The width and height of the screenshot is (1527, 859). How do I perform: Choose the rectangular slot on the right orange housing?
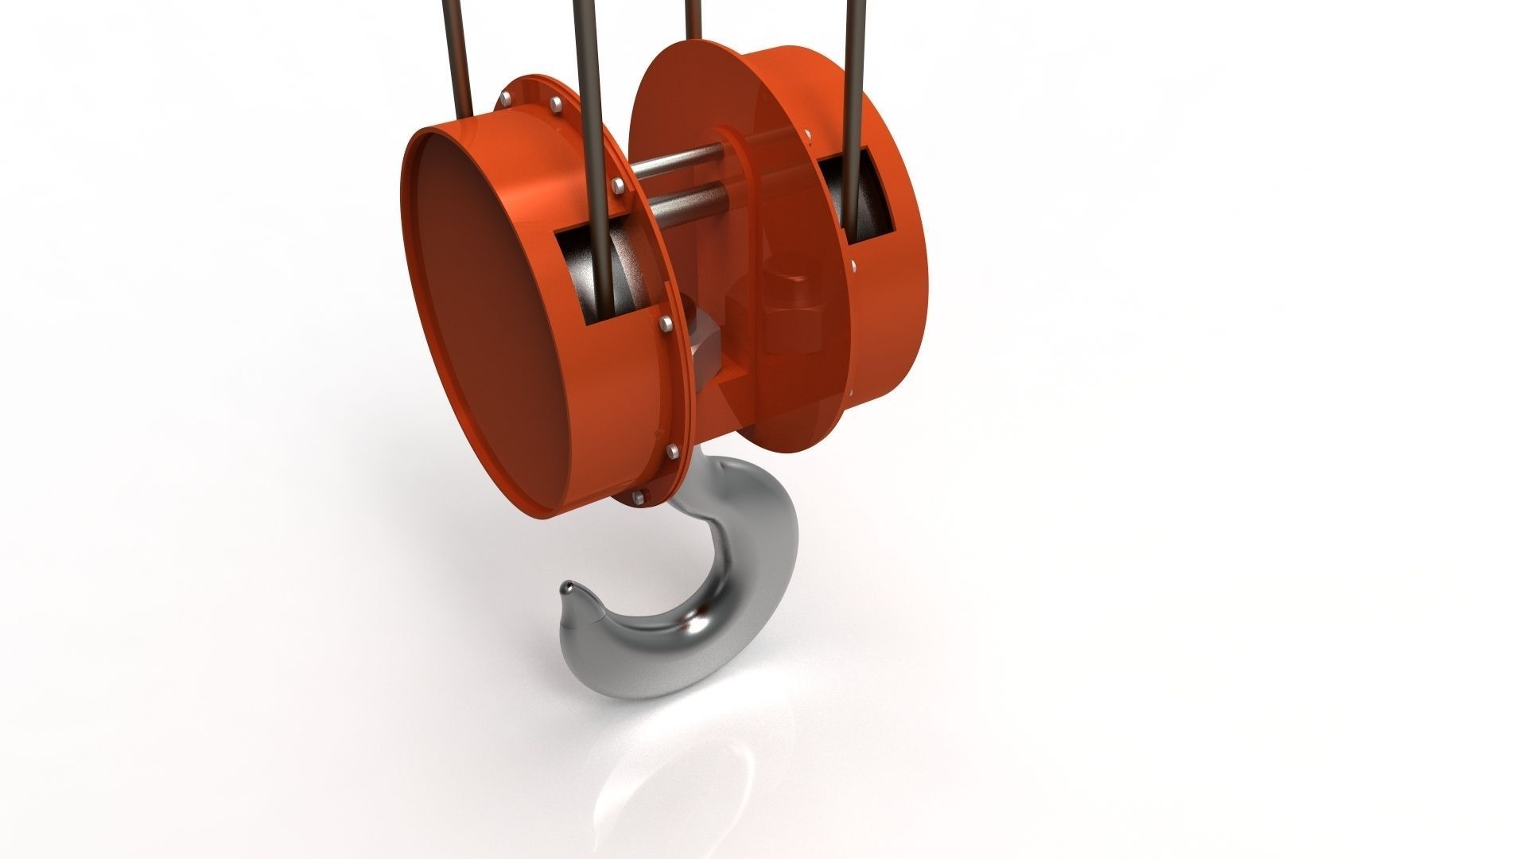(x=855, y=199)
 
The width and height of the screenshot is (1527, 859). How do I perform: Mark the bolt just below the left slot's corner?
(x=665, y=323)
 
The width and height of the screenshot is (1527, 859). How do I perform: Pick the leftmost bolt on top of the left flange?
(x=504, y=99)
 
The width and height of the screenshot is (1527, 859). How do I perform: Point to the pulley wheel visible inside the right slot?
(x=871, y=203)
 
